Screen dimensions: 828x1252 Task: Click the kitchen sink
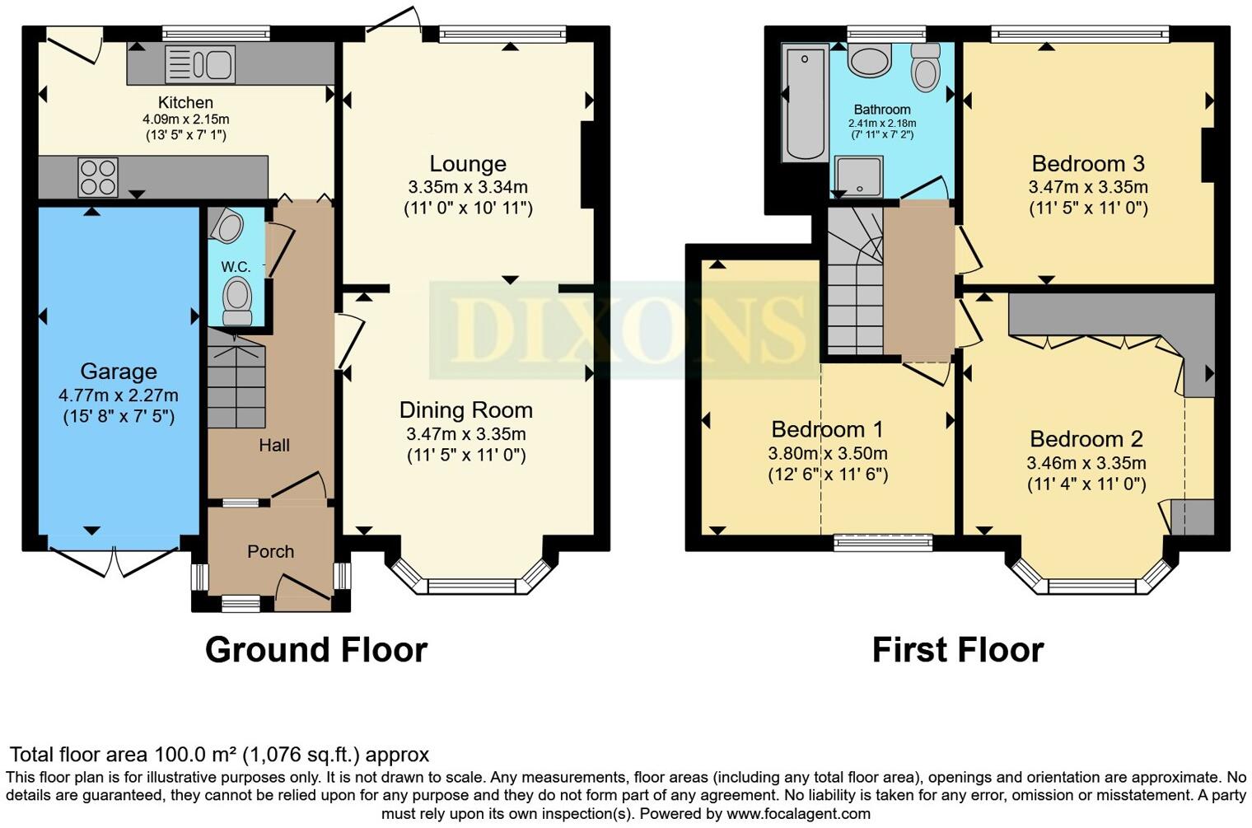pyautogui.click(x=200, y=64)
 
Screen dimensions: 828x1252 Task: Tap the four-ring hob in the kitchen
pyautogui.click(x=98, y=177)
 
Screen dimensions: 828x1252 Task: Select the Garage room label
pyautogui.click(x=119, y=372)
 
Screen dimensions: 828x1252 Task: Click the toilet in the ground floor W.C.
pyautogui.click(x=238, y=301)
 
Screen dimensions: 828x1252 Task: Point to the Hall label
pyautogui.click(x=274, y=446)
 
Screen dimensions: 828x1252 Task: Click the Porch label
pyautogui.click(x=270, y=552)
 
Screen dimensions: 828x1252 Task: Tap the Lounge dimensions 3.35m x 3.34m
pyautogui.click(x=468, y=186)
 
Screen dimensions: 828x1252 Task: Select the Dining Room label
pyautogui.click(x=466, y=410)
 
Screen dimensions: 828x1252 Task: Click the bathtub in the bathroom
pyautogui.click(x=805, y=103)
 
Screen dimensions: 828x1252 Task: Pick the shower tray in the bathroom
pyautogui.click(x=858, y=176)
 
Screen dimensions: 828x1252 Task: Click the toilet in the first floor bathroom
pyautogui.click(x=927, y=68)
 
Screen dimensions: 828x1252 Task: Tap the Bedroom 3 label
pyautogui.click(x=1088, y=163)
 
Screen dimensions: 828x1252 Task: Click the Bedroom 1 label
pyautogui.click(x=827, y=429)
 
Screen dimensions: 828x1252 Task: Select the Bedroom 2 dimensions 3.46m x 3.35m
pyautogui.click(x=1086, y=463)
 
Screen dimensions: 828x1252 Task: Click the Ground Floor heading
pyautogui.click(x=315, y=650)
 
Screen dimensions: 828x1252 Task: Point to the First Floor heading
pyautogui.click(x=957, y=650)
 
